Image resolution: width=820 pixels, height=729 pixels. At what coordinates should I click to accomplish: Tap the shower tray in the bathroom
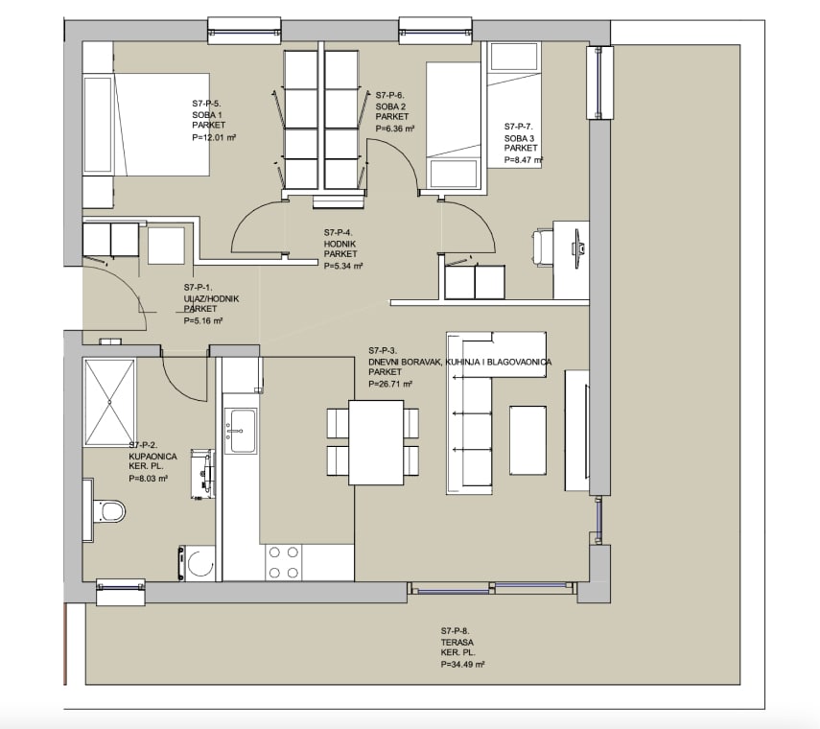(x=109, y=402)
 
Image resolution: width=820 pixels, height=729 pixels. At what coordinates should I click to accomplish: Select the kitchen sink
(x=241, y=431)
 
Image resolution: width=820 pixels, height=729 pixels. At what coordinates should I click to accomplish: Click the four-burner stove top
(x=283, y=562)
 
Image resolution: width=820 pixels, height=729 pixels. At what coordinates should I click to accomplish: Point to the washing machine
(x=198, y=563)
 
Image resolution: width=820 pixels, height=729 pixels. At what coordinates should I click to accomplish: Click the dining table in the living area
(x=376, y=442)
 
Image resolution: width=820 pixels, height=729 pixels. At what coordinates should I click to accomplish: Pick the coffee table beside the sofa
(x=528, y=440)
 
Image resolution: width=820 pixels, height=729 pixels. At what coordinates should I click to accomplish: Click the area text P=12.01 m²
(x=214, y=137)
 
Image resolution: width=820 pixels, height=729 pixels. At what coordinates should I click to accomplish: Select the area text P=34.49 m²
(x=463, y=664)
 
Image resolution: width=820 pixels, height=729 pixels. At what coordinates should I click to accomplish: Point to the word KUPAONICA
(x=152, y=456)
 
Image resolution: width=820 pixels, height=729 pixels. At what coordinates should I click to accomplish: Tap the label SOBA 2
(x=390, y=106)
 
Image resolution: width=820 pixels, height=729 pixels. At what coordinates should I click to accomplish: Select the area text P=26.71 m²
(x=390, y=384)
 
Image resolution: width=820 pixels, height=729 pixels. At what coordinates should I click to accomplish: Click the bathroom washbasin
(x=204, y=473)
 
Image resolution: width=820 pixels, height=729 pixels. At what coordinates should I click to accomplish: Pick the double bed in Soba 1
(x=147, y=125)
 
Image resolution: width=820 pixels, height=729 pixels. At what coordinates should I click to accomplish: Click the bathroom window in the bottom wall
(x=121, y=592)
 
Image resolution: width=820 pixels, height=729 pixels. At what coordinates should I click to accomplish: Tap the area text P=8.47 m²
(x=524, y=160)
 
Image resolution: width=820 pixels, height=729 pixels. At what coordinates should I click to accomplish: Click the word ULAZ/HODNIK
(x=211, y=298)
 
